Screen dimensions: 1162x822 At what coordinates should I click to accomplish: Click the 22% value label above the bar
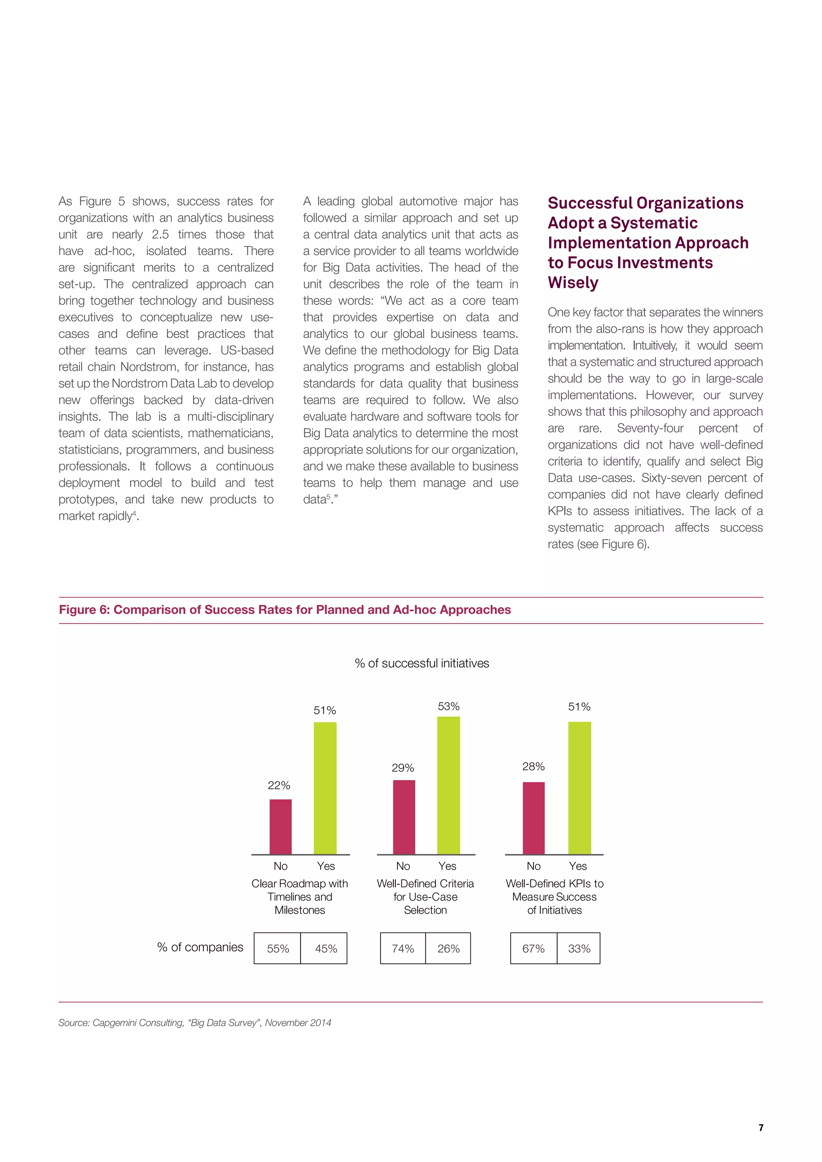[279, 785]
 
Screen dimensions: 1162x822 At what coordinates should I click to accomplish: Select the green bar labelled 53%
[448, 785]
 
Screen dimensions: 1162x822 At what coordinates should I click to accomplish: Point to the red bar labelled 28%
[533, 818]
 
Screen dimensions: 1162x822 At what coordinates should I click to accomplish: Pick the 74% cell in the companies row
[403, 949]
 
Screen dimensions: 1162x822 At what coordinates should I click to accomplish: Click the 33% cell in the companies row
[578, 949]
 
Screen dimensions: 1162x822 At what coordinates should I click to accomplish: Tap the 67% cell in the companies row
[533, 949]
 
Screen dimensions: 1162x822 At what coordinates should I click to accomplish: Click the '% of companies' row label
[200, 947]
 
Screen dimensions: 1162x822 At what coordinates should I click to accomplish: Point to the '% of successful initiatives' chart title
[422, 663]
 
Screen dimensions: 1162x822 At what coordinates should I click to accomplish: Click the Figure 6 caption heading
[285, 609]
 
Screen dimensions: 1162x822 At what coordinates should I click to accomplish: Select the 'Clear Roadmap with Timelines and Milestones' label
[300, 896]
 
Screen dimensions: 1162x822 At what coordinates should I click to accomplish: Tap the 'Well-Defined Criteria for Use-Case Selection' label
[425, 896]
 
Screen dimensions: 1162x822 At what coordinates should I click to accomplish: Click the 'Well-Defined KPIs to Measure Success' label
[555, 896]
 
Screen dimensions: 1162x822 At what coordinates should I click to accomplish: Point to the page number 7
[761, 1128]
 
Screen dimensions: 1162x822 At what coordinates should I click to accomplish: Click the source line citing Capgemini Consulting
[195, 1022]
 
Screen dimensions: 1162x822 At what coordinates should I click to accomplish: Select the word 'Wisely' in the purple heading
[573, 282]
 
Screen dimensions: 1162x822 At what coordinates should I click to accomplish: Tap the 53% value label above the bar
[449, 706]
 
